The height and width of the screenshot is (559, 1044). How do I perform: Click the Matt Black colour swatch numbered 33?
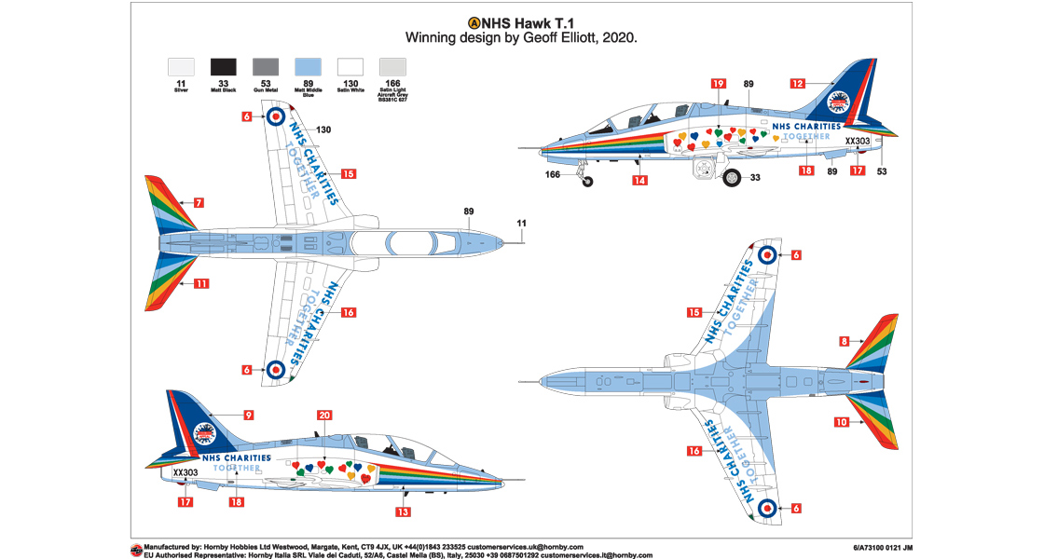coord(224,67)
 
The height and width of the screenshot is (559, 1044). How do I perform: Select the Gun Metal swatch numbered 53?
coord(266,67)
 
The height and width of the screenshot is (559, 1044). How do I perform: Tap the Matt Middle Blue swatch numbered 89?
coord(308,67)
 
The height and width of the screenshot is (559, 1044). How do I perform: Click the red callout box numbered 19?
coord(718,83)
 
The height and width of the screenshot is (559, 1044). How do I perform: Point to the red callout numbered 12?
coord(798,83)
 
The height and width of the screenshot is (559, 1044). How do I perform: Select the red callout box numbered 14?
coord(639,180)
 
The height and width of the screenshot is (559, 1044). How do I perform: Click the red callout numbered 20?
coord(323,415)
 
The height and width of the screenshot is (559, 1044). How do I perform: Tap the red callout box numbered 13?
coord(403,511)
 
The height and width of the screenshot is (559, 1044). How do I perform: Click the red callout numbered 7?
coord(199,202)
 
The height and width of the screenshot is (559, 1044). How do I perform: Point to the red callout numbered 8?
coord(844,341)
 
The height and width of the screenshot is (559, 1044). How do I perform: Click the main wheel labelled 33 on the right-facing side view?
coord(733,179)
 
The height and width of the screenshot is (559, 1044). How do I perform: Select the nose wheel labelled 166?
coord(587,181)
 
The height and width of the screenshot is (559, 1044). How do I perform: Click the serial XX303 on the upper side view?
coord(858,142)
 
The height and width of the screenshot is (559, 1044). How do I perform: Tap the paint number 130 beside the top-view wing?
coord(323,130)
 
